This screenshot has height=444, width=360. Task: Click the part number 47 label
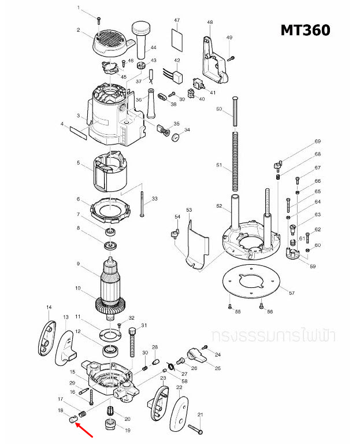pos(177,20)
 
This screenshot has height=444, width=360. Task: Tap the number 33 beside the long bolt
pos(154,199)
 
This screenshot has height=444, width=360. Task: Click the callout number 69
pos(317,142)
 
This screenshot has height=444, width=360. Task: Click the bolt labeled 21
pos(195,428)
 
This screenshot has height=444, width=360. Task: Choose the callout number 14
pos(49,307)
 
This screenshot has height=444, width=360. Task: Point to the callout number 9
pos(78,264)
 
